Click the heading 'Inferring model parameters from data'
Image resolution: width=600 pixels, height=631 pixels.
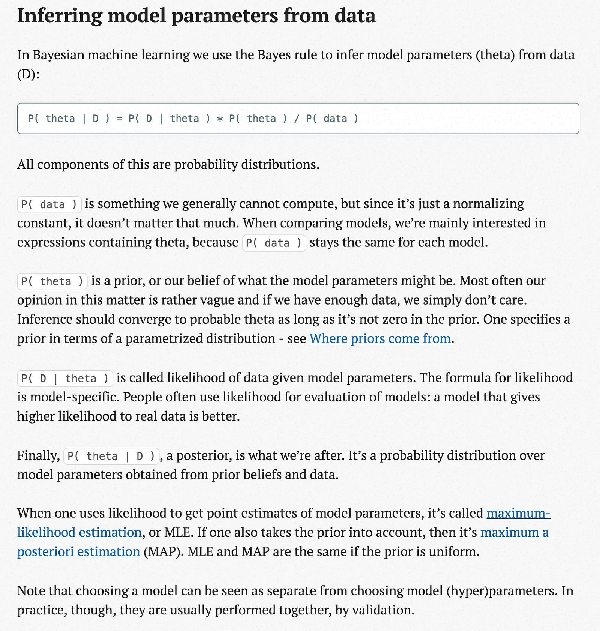coord(196,16)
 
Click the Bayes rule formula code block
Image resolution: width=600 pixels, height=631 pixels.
coord(298,119)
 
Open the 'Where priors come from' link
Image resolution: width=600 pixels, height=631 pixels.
coord(380,338)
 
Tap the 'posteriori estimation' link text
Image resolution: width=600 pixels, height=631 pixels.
coord(78,552)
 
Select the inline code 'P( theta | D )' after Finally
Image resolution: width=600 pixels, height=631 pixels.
coord(111,456)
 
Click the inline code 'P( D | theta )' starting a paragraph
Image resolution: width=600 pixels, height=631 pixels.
coord(65,379)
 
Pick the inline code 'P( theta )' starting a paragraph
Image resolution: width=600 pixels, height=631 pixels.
coord(52,281)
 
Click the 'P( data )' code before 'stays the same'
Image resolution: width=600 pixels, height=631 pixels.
coord(274,243)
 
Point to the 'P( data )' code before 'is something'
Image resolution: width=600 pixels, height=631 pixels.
coord(49,204)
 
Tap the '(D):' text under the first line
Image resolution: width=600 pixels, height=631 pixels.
coord(28,74)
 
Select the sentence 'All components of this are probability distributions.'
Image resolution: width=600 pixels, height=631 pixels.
coord(168,164)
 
